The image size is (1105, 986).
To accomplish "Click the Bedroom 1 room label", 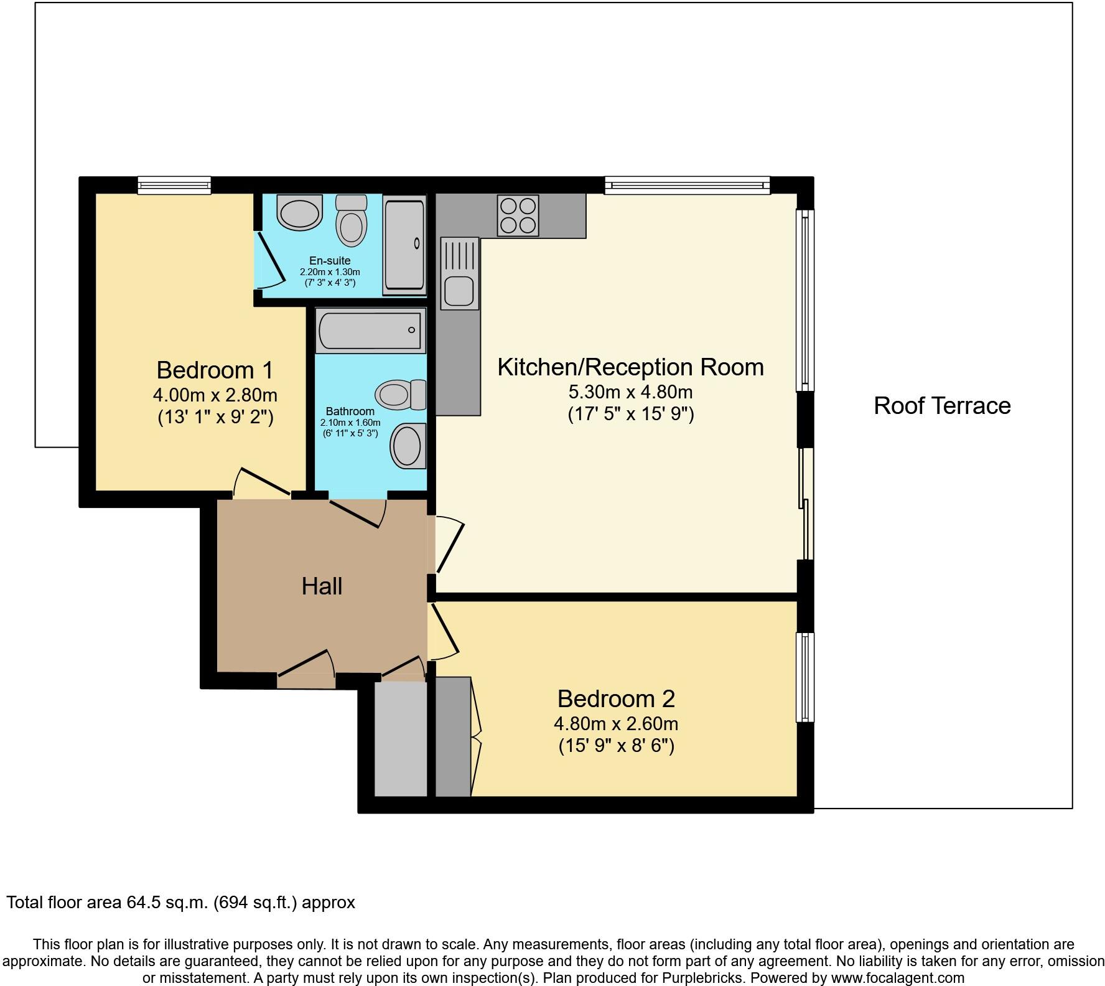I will tap(215, 370).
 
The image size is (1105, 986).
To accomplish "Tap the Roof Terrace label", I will tap(942, 406).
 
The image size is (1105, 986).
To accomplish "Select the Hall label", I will tap(322, 586).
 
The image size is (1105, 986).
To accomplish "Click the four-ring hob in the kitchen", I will tap(518, 215).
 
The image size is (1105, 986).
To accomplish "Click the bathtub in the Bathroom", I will tap(370, 331).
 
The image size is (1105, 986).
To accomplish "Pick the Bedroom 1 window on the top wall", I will tap(174, 184).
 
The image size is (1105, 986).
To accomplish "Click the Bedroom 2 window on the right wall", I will tap(805, 677).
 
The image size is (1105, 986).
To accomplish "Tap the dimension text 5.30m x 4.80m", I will tap(630, 392).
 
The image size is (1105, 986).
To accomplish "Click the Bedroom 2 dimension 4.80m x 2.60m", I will tap(616, 724).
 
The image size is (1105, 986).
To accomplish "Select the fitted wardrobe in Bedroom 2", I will tap(453, 737).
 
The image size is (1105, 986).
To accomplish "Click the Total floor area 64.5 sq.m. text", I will tap(180, 902).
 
